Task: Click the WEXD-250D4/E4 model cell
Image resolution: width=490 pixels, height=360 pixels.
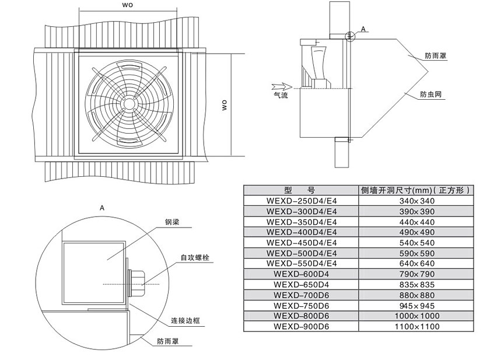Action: coord(301,201)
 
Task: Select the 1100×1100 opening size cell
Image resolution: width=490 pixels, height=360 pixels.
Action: coord(416,327)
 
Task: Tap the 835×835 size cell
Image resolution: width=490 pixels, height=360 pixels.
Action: coord(416,285)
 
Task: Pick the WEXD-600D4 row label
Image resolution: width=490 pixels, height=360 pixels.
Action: coord(301,274)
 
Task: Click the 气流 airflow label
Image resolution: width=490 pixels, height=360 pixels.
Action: coord(281,95)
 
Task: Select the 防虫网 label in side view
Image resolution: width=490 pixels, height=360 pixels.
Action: coord(430,95)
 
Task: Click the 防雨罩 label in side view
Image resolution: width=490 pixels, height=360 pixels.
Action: coord(435,56)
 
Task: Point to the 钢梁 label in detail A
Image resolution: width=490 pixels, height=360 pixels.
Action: coord(172,222)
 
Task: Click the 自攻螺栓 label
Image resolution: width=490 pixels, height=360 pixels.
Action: coord(195,258)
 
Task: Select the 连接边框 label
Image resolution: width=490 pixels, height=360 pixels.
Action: coord(185,320)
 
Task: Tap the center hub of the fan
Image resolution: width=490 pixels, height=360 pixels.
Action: coord(128,103)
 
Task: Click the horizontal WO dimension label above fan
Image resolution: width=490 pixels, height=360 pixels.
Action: coord(127,5)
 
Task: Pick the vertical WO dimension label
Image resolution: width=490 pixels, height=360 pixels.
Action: coord(225,105)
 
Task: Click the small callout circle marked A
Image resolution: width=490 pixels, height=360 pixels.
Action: coord(351,36)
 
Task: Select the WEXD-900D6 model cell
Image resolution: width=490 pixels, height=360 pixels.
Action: coord(301,327)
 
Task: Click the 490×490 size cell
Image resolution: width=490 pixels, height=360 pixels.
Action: coord(416,232)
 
